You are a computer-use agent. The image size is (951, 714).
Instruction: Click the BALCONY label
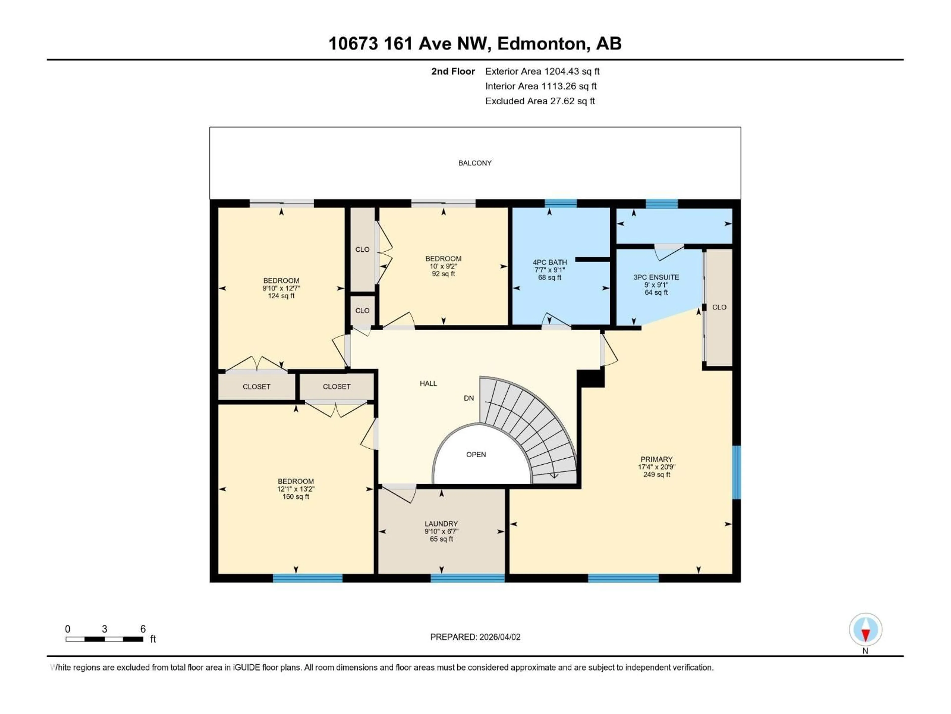click(x=475, y=163)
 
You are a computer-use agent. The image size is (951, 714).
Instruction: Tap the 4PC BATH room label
click(x=550, y=262)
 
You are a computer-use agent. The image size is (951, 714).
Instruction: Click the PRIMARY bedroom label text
click(x=656, y=459)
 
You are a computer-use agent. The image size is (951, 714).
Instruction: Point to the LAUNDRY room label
click(x=441, y=524)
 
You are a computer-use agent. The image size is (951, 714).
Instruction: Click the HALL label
click(x=428, y=384)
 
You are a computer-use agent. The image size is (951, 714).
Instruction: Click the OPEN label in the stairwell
click(x=476, y=454)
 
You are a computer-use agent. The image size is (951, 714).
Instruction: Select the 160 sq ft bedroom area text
click(x=295, y=497)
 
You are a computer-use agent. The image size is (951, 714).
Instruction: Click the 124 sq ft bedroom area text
click(x=281, y=296)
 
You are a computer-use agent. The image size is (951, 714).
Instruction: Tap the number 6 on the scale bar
click(x=143, y=629)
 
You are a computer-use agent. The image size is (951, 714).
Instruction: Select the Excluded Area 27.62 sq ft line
click(x=540, y=101)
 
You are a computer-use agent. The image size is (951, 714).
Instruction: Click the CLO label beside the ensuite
click(x=719, y=307)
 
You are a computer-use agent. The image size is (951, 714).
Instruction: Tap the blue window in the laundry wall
click(x=467, y=578)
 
